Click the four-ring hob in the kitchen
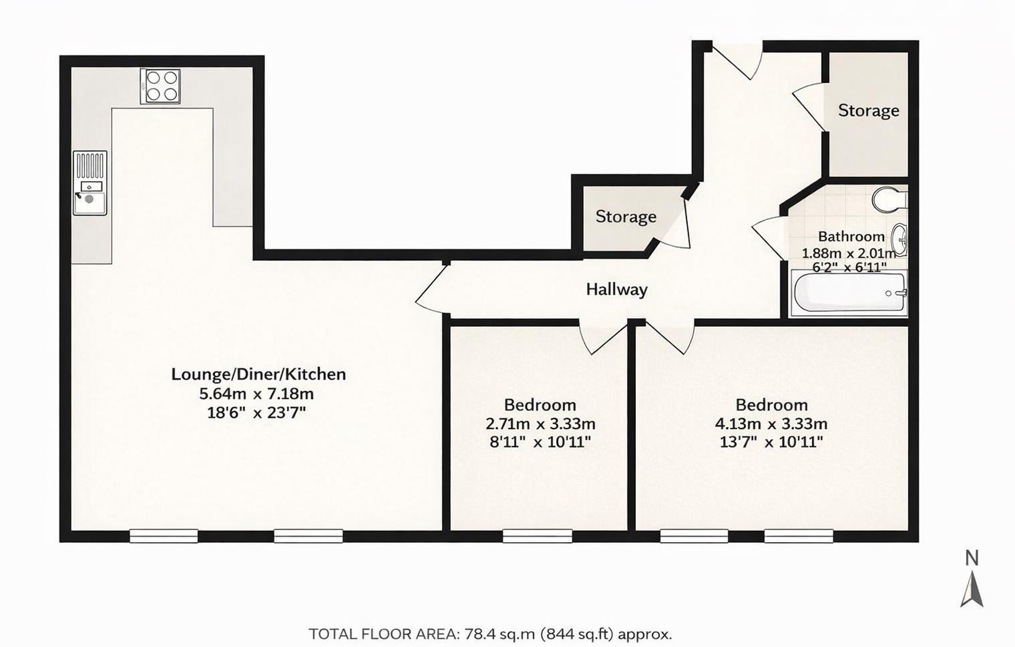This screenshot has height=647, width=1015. point(160,87)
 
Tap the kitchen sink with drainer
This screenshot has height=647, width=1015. point(90,182)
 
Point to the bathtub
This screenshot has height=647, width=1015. point(849,293)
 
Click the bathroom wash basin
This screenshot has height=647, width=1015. point(899,241)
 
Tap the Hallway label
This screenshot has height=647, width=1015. point(617,289)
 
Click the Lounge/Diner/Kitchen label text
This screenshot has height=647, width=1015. point(258,374)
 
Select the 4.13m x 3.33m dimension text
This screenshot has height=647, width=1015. point(771,424)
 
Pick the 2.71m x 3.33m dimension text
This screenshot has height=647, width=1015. point(541,424)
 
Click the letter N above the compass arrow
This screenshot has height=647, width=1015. point(972,558)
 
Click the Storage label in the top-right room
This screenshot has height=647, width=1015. point(869,111)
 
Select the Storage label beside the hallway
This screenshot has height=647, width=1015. point(626,217)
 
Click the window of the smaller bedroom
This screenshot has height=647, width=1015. point(538,536)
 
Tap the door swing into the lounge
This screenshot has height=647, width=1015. point(431,290)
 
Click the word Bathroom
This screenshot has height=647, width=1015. point(851,237)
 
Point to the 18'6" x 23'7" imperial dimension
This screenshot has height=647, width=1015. point(256,413)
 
